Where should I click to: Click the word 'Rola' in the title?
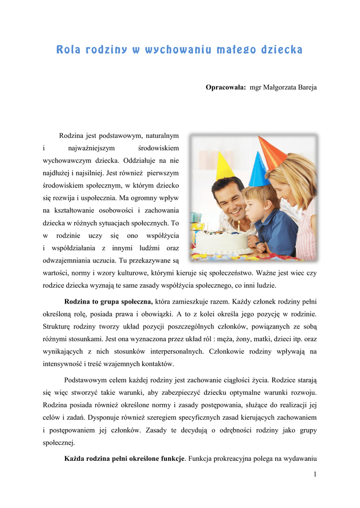(x=68, y=50)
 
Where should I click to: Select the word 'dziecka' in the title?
(x=280, y=50)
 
